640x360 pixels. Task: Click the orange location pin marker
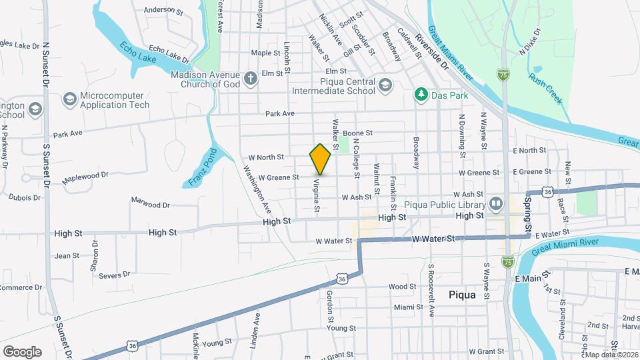320,159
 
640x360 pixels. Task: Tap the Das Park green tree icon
421,95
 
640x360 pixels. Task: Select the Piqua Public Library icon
495,203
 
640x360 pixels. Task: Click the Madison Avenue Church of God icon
250,79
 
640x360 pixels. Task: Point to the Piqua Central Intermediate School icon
385,85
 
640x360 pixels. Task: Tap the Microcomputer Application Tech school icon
69,100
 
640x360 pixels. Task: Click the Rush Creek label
545,87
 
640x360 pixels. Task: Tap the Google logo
22,351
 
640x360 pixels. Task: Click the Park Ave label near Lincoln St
279,114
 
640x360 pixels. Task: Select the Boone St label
357,133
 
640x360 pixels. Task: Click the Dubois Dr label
25,197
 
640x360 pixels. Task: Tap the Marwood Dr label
151,203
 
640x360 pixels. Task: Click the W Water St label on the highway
433,238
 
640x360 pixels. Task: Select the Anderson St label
163,11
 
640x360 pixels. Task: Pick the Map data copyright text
610,354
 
